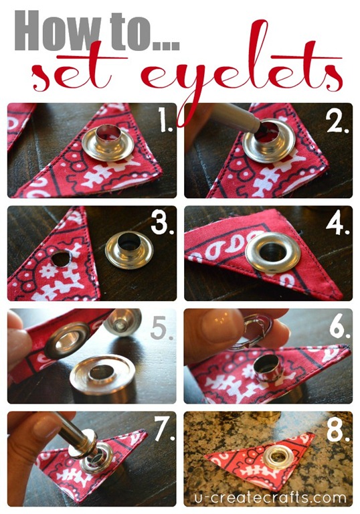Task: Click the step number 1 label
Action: click(x=165, y=120)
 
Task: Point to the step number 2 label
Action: click(x=338, y=120)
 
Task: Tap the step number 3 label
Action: click(x=163, y=223)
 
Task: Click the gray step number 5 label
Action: click(x=162, y=327)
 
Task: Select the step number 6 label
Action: click(x=340, y=326)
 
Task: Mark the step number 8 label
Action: click(x=338, y=429)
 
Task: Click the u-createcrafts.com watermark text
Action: click(x=270, y=498)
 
